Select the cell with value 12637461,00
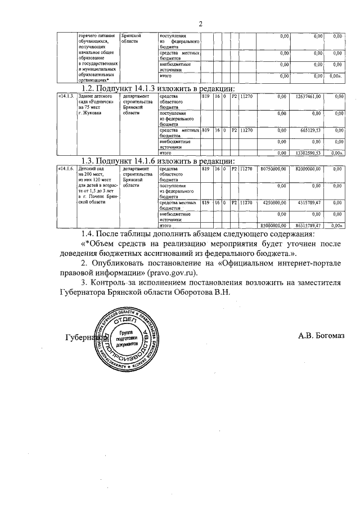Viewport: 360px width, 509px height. tap(308, 97)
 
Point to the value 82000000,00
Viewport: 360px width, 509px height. tap(308, 169)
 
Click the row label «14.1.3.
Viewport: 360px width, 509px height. tap(66, 97)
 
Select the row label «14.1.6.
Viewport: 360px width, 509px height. tap(66, 169)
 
